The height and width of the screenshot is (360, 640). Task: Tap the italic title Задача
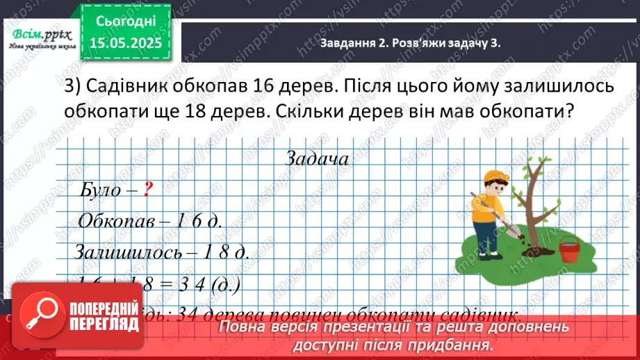316,158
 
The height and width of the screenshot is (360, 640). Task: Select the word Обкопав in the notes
118,221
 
